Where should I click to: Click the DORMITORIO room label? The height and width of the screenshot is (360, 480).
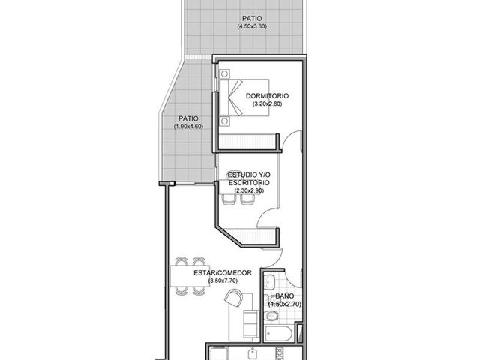[267, 96]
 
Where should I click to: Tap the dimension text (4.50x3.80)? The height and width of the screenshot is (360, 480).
[252, 26]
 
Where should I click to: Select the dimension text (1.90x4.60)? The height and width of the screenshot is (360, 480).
[188, 127]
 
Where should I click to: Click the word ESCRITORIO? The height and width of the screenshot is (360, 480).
[249, 183]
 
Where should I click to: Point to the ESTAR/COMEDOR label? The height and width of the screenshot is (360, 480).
[223, 273]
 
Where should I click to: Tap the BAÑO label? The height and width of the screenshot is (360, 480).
[285, 296]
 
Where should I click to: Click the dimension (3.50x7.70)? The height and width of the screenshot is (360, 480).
[223, 280]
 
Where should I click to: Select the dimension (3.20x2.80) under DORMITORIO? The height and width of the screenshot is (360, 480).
[267, 103]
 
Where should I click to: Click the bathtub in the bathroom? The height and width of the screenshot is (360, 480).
[278, 333]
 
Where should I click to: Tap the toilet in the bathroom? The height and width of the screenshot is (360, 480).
[271, 315]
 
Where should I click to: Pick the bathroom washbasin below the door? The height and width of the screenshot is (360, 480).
[270, 282]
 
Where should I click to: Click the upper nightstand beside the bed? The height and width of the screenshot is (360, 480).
[225, 73]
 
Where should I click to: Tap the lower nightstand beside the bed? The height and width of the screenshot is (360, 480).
[225, 121]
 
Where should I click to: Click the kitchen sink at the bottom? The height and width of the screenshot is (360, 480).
[253, 354]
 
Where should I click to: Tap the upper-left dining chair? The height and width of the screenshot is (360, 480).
[181, 262]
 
